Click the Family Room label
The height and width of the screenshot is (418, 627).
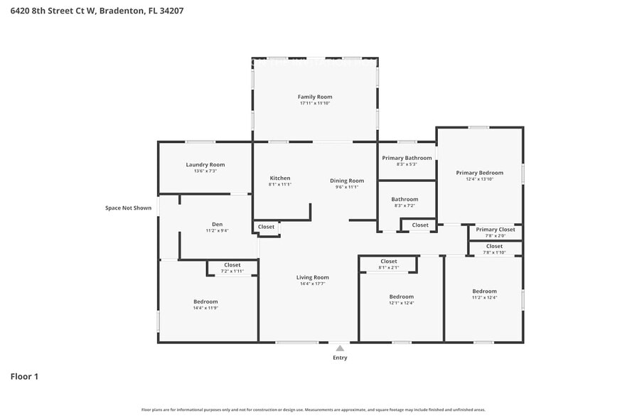[x=314, y=97]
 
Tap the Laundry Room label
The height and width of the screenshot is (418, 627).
[x=205, y=164]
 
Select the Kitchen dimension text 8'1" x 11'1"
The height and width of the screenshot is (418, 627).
[x=280, y=185]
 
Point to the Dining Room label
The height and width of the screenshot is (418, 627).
[x=347, y=181]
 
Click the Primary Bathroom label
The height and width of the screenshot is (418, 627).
[x=407, y=158]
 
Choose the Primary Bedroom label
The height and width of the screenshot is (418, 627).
[x=479, y=173]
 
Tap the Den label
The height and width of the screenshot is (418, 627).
[x=217, y=224]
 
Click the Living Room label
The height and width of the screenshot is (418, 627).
[x=312, y=277]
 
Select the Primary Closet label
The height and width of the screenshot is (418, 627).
[x=495, y=230]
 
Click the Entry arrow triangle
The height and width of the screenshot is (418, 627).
[x=340, y=348]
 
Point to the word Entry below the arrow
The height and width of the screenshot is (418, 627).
[x=340, y=358]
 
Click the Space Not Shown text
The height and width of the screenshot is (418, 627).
[x=128, y=208]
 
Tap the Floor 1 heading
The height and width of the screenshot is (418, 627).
[x=24, y=376]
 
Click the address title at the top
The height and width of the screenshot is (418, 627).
[x=87, y=11]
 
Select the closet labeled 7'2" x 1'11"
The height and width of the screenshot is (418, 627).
[x=232, y=268]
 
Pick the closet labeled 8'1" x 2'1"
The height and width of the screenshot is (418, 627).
[x=389, y=264]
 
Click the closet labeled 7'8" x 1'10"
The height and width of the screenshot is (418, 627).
[x=494, y=249]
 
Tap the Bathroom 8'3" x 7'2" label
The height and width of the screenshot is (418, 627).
[x=404, y=203]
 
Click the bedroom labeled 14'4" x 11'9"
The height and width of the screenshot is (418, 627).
[x=205, y=304]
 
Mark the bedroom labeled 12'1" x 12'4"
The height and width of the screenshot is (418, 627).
[x=401, y=299]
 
